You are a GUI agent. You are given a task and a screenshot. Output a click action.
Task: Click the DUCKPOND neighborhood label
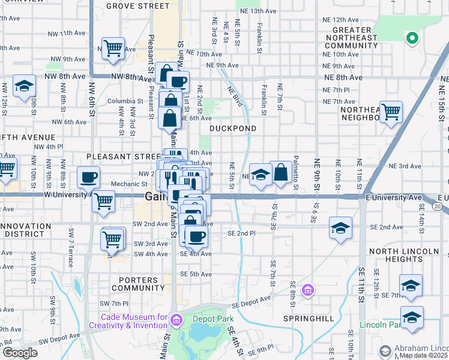click(233, 128)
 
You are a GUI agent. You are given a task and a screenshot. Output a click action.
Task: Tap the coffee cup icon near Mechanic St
click(89, 177)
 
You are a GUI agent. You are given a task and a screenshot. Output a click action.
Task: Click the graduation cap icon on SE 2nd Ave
click(340, 228)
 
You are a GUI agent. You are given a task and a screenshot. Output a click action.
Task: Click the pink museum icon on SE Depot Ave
click(308, 291)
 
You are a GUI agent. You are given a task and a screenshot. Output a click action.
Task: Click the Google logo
click(19, 353)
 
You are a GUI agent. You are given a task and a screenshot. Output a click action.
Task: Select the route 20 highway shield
click(439, 207)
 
